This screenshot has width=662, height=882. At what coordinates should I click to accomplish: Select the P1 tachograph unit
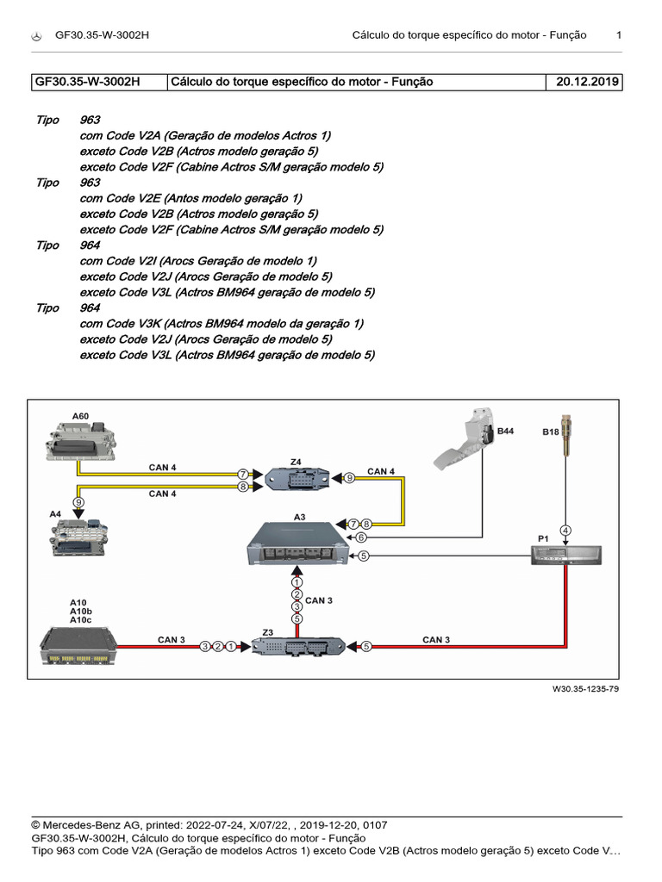pos(565,556)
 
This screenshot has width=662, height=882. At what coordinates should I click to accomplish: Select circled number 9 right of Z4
pos(350,477)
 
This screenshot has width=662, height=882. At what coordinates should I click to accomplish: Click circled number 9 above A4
pos(78,501)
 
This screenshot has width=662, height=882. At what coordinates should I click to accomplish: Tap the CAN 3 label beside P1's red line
pos(436,639)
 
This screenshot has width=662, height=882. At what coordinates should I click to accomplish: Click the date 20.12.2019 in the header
pos(584,82)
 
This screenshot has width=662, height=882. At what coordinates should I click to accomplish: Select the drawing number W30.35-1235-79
pos(586,689)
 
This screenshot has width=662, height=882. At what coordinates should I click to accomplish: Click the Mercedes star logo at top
pos(37,35)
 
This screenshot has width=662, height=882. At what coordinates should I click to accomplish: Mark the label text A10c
pos(80,619)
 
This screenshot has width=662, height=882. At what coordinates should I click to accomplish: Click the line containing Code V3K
pos(221,324)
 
